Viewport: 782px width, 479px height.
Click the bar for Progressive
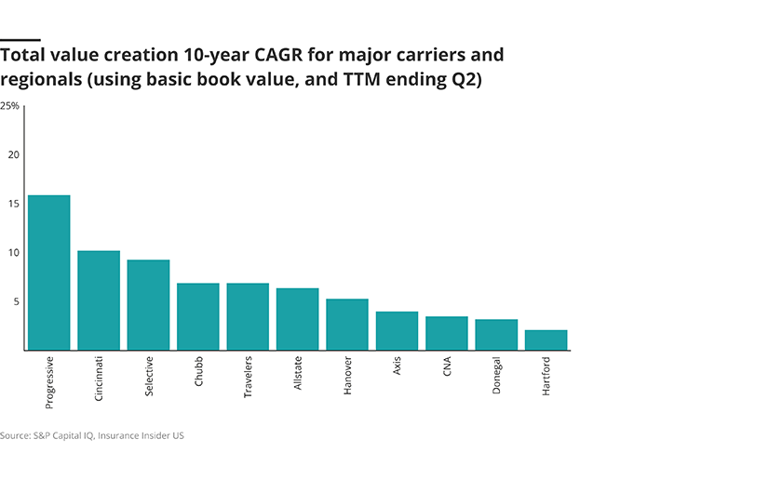[x=48, y=273]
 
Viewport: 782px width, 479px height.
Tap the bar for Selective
[x=148, y=305]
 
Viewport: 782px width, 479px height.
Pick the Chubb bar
[x=198, y=316]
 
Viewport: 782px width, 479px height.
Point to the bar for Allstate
[x=298, y=319]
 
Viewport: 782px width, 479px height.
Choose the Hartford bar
[x=546, y=339]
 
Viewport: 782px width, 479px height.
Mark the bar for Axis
[x=397, y=330]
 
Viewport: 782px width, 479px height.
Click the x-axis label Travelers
[x=249, y=378]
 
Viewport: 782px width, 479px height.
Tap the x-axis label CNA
[x=447, y=369]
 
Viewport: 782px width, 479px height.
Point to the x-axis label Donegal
[x=496, y=377]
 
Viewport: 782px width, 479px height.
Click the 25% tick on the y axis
[x=9, y=106]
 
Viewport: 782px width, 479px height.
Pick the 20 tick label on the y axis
[x=13, y=154]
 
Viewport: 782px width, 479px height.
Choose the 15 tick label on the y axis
[x=13, y=204]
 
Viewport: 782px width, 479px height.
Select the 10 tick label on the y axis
[x=13, y=253]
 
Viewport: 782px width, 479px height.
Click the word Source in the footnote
[x=15, y=435]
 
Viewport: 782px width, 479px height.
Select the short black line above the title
[x=20, y=39]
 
